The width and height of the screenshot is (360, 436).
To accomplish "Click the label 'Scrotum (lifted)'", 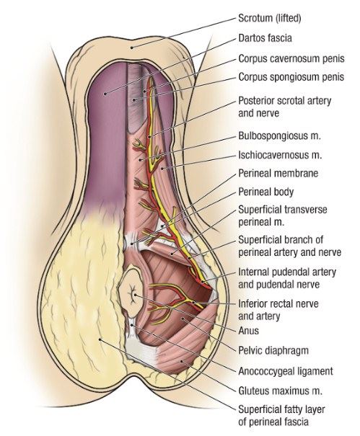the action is [x=270, y=18].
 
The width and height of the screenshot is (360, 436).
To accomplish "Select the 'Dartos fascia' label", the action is [x=265, y=38].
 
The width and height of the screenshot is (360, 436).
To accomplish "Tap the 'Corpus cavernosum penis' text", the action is [x=291, y=58].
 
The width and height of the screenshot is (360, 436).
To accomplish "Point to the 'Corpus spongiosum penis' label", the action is [x=291, y=77].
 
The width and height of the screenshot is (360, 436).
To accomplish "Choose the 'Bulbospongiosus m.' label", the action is [x=279, y=135].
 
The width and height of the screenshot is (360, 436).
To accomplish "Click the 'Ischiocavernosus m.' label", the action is [x=280, y=155].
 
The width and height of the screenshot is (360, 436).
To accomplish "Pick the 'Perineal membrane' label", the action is [x=278, y=173].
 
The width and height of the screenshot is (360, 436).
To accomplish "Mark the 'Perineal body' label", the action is [x=266, y=192].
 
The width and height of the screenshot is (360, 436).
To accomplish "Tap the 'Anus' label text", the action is [x=249, y=331].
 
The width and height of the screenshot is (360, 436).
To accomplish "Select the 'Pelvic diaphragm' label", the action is [x=273, y=350].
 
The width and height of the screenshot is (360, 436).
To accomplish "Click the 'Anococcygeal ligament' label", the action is [x=286, y=371].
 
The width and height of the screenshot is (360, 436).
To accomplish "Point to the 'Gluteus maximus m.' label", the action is [x=281, y=391].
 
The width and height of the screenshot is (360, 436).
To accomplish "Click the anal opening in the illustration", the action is [x=133, y=294].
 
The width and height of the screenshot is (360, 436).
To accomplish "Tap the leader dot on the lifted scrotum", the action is [x=132, y=48].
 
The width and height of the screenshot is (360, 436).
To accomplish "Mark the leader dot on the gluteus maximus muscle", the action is [x=182, y=362].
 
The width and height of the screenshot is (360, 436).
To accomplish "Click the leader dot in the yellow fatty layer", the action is [x=100, y=339].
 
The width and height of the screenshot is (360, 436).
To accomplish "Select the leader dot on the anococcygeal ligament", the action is [x=132, y=325].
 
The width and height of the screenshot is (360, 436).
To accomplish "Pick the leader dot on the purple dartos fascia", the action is [x=105, y=94].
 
